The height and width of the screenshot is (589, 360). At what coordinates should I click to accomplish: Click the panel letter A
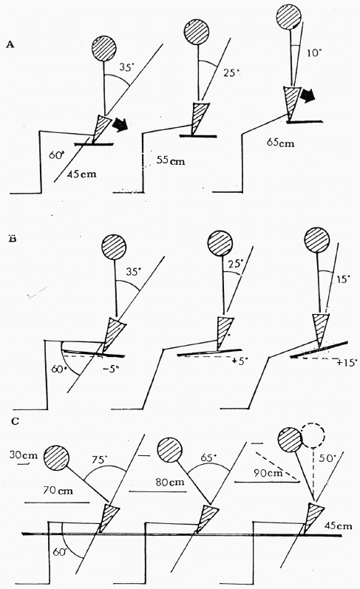point(10,44)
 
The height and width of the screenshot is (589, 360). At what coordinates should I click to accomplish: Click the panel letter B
point(12,239)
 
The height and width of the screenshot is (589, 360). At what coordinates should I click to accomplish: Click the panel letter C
point(15,421)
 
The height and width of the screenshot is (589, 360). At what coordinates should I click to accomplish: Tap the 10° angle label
point(315,53)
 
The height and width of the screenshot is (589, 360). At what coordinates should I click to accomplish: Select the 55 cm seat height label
point(171,160)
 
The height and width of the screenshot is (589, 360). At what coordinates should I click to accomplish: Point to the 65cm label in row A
point(281,143)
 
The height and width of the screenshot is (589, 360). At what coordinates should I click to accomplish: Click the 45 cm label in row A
point(81,174)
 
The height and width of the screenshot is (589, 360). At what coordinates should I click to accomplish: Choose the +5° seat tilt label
point(240,361)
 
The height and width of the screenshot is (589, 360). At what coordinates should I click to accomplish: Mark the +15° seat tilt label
point(347,363)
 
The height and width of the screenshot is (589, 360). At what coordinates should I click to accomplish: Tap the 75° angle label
point(100,460)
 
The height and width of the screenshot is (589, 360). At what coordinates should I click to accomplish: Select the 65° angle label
point(209,457)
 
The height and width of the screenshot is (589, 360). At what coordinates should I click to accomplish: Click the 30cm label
point(24,455)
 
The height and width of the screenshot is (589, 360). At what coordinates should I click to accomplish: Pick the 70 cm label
point(58,490)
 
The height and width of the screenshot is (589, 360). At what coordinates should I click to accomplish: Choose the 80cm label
point(170,481)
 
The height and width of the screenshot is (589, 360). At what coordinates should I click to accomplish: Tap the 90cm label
point(268,472)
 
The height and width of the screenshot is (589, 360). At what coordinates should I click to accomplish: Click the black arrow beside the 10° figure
point(308,96)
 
